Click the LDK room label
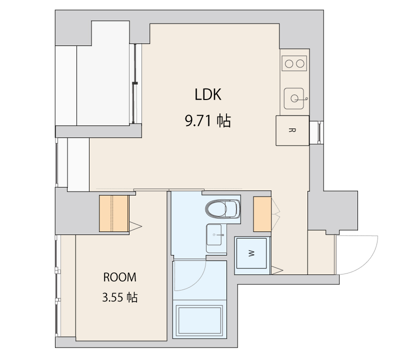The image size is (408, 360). pos(208,94)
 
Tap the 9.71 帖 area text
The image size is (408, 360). pos(207,120)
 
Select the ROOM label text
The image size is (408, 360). pos(119,277)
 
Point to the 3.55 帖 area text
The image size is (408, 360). pos(119,297)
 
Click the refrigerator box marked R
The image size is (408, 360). pos(292,130)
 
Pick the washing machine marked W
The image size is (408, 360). pos(251,253)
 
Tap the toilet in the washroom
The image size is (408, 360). pos(222,208)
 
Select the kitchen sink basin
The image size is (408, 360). pos(294,98)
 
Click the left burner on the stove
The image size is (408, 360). pos(289,63)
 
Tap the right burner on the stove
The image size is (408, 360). pos(300,63)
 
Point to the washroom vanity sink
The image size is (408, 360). pos(214,234)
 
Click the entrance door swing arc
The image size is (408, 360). pos(365,264)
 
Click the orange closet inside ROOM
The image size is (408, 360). pos(114,213)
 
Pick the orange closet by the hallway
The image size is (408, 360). pos(262,214)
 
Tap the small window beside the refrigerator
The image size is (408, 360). pos(319,132)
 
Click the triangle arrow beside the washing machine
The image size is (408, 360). pos(276,270)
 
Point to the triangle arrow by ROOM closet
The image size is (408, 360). pos(134,226)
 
